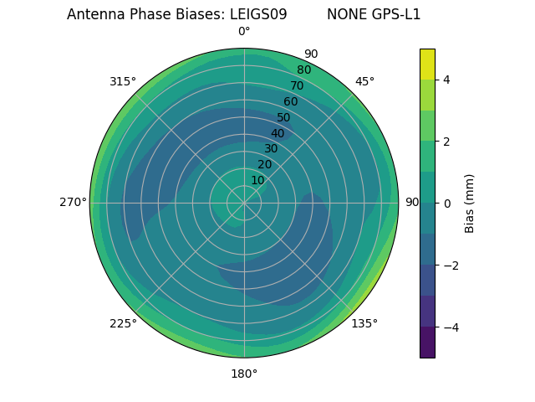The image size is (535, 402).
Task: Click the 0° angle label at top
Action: [x=244, y=32]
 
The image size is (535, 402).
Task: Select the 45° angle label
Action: [x=364, y=81]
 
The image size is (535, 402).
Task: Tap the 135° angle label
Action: [x=364, y=323]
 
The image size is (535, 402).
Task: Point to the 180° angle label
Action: [x=244, y=374]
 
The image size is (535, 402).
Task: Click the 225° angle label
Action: [x=123, y=323]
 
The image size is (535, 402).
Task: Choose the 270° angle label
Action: [x=73, y=202]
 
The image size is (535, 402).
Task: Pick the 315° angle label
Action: [x=123, y=81]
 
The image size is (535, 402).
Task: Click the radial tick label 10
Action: [x=257, y=180]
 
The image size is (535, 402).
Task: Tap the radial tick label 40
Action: [x=278, y=133]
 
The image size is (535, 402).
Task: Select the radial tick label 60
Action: [x=291, y=101]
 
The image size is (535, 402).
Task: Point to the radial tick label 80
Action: [x=304, y=70]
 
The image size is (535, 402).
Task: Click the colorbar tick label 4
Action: [x=447, y=80]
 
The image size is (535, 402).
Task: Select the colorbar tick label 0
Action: [x=447, y=204]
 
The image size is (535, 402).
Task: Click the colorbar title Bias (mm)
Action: [x=470, y=204]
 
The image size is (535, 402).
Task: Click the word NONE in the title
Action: [x=344, y=14]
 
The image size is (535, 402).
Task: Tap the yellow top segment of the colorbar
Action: [x=427, y=64]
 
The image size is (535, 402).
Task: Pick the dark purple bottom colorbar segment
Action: [x=427, y=343]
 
